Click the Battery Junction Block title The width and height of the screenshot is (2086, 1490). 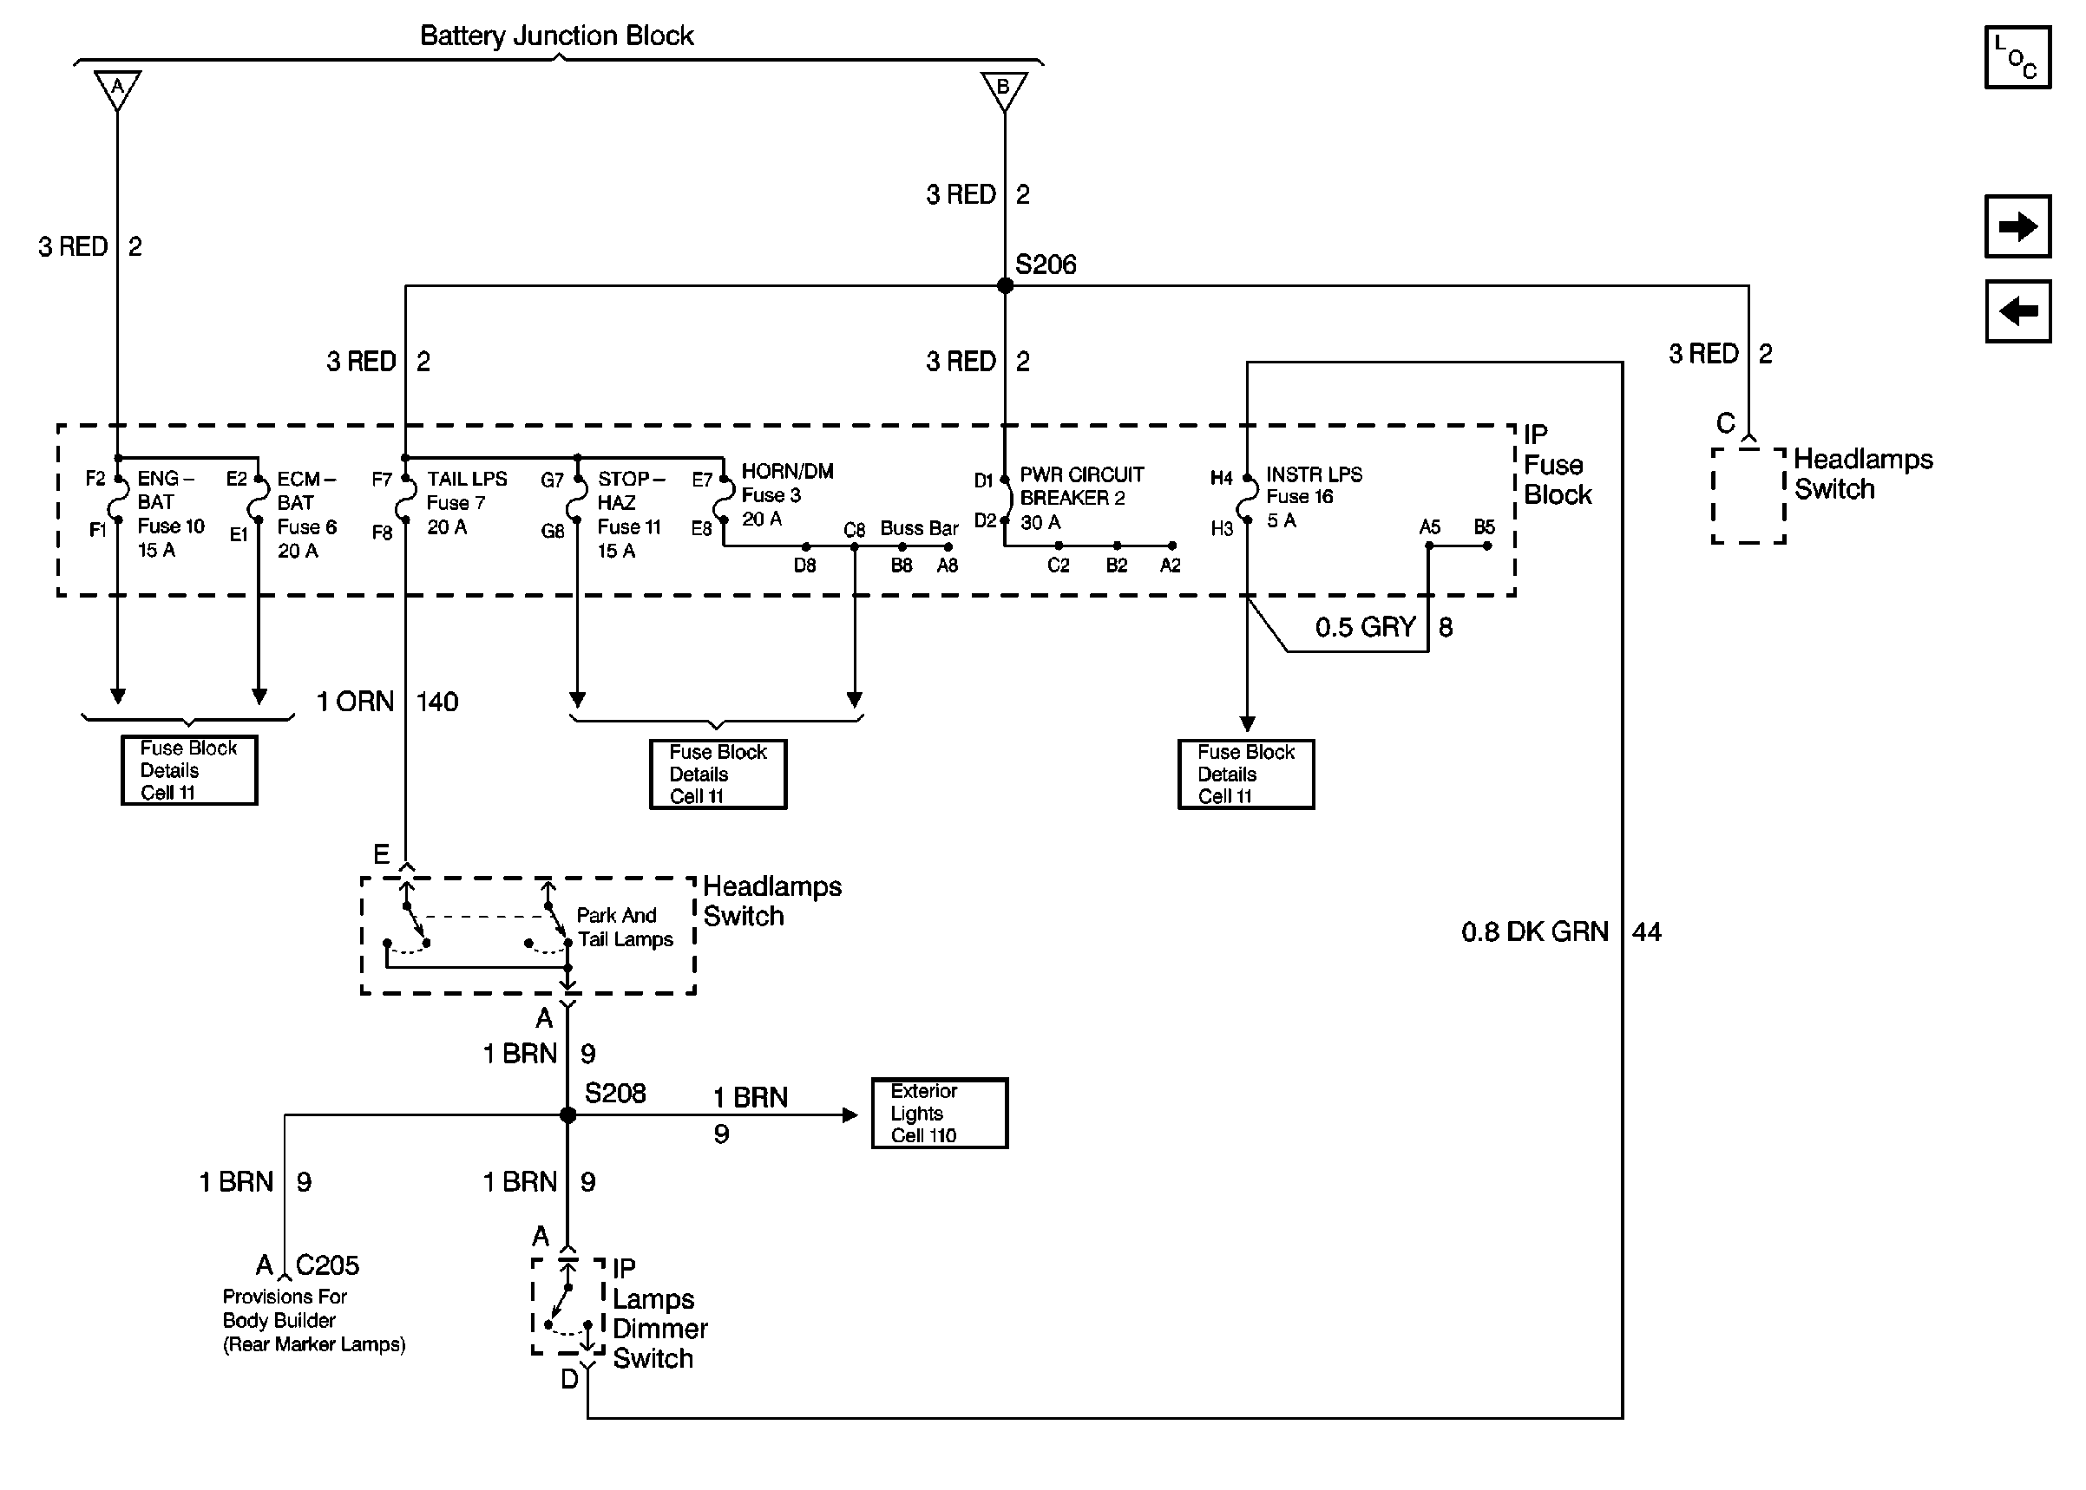click(556, 36)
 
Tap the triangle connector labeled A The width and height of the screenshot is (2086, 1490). click(117, 89)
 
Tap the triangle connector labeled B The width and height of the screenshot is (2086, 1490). click(1004, 89)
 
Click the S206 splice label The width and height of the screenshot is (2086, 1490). click(1046, 265)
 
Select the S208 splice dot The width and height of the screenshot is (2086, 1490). click(568, 1114)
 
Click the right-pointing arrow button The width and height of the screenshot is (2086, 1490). click(2017, 225)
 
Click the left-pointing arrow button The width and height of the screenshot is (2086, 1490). click(2017, 311)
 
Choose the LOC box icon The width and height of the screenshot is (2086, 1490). click(2017, 57)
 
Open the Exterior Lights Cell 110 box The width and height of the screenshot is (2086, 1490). click(939, 1113)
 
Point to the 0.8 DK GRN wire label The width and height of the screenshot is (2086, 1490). click(1534, 932)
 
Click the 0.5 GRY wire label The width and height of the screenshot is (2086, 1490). click(1365, 628)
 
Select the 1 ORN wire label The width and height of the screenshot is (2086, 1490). click(355, 702)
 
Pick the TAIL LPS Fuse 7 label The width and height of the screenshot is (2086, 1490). click(466, 503)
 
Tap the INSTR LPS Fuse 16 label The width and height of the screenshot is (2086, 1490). click(1312, 497)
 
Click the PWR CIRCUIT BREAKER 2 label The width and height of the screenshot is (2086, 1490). click(1081, 498)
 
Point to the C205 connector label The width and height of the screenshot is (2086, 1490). click(327, 1265)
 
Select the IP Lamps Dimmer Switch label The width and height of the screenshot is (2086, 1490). click(659, 1313)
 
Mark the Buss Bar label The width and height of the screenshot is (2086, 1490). click(919, 528)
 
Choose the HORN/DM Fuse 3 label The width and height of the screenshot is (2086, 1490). click(785, 495)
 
